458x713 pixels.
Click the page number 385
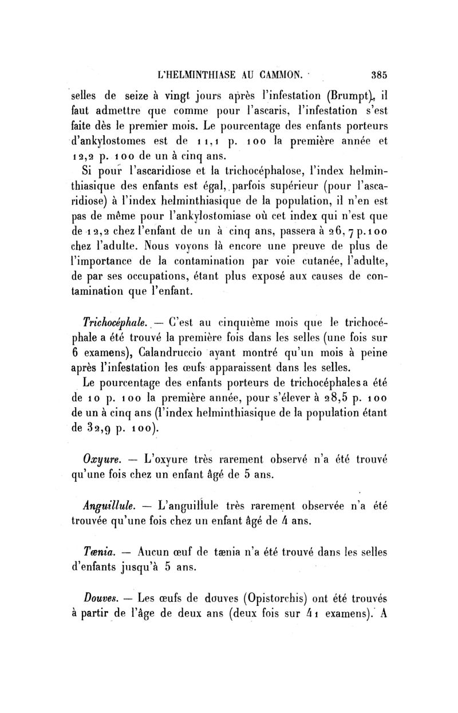tap(379, 74)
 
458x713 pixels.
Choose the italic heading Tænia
tap(101, 551)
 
